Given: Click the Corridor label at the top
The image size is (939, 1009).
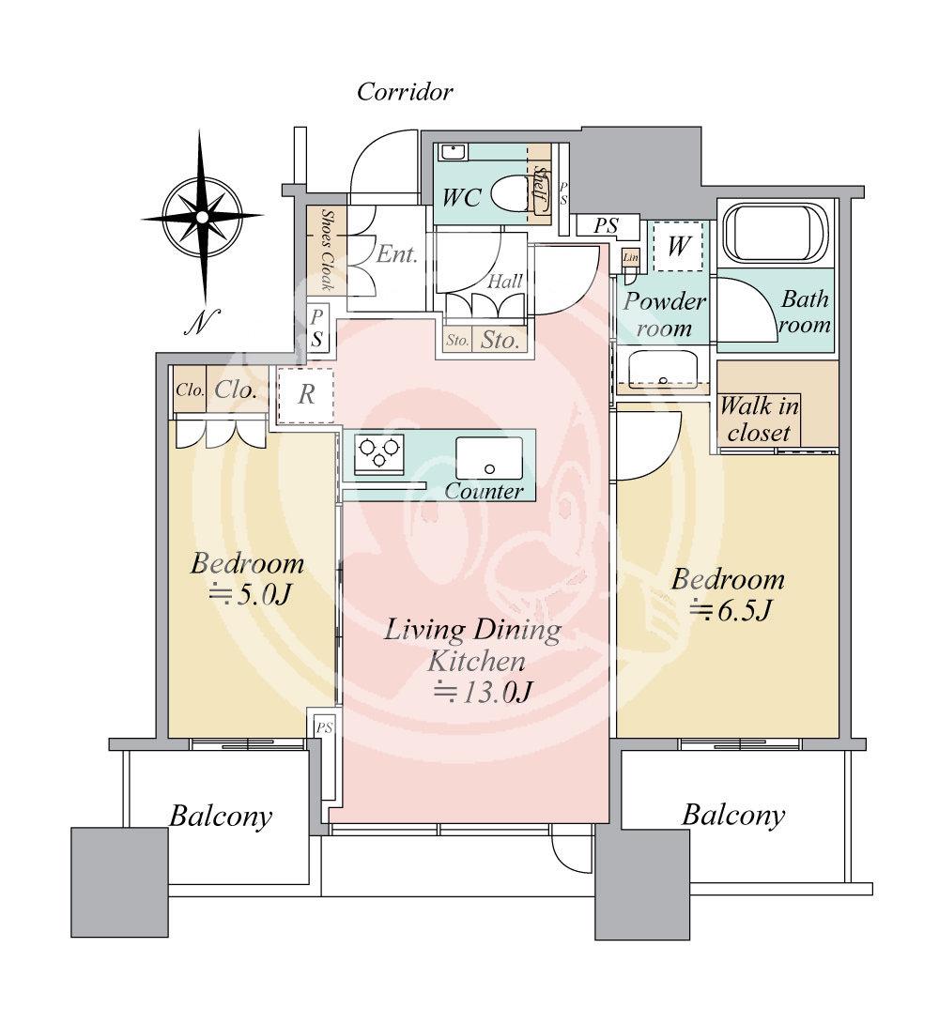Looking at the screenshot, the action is pos(404,92).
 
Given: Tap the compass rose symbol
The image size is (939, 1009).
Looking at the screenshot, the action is pos(202,217).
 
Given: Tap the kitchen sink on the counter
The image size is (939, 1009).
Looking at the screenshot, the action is pos(488,458).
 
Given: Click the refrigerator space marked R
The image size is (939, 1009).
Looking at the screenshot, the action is pos(306,395).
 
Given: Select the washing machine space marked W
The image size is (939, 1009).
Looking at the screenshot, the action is pos(678,246).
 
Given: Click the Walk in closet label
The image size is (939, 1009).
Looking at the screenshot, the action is pos(760,419).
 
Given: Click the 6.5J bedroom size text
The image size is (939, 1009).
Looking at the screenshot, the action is pos(731,610).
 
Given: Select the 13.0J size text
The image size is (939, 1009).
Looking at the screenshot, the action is pos(483,692).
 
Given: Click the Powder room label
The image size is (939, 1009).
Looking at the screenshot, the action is pos(664,314).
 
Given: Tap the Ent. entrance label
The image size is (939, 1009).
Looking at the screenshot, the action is pos(396,254).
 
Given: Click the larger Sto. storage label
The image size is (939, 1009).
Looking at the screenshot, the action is pos(500,340).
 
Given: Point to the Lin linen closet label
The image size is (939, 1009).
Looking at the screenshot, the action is pos(631,257).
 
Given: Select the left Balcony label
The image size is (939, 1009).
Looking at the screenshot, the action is pos(220,817).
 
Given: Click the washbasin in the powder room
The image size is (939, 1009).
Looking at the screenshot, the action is pos(663,370).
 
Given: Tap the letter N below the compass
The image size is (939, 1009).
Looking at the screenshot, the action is pos(202,322).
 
